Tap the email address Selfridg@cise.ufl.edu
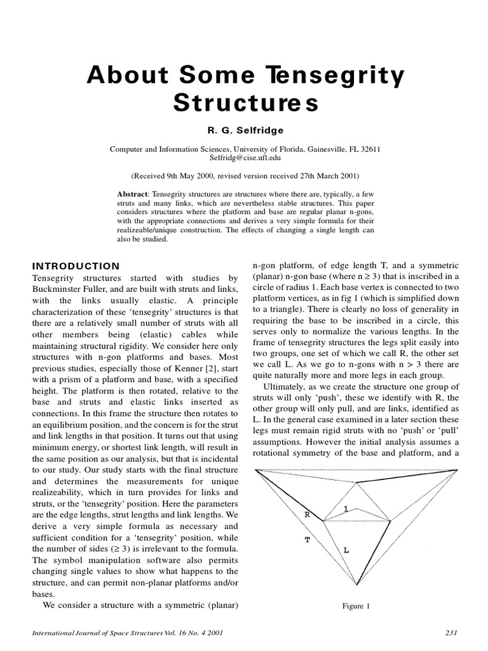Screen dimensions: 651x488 point(245,158)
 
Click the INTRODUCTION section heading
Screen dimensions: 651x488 point(76,266)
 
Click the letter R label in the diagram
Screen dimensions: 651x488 point(306,515)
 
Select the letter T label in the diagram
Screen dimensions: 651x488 point(307,539)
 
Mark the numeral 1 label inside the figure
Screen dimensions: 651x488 point(345,508)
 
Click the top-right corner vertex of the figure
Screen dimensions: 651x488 point(457,470)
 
